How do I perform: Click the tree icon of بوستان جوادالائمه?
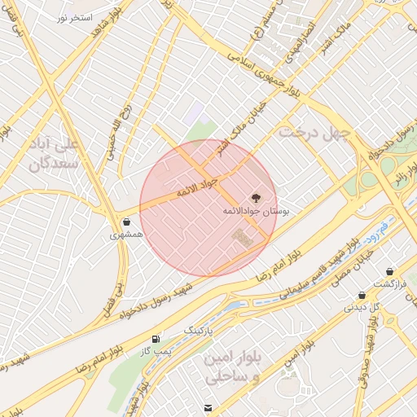(x=255, y=198)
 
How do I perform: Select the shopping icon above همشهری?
(x=126, y=222)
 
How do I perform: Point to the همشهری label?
(x=126, y=235)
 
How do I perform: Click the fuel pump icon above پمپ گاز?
(x=155, y=338)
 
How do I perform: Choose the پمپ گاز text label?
(x=156, y=350)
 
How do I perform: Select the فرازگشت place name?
(x=389, y=283)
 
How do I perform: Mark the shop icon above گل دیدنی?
(x=362, y=296)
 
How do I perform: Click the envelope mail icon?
(x=209, y=407)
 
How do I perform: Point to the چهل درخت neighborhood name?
(x=314, y=131)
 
